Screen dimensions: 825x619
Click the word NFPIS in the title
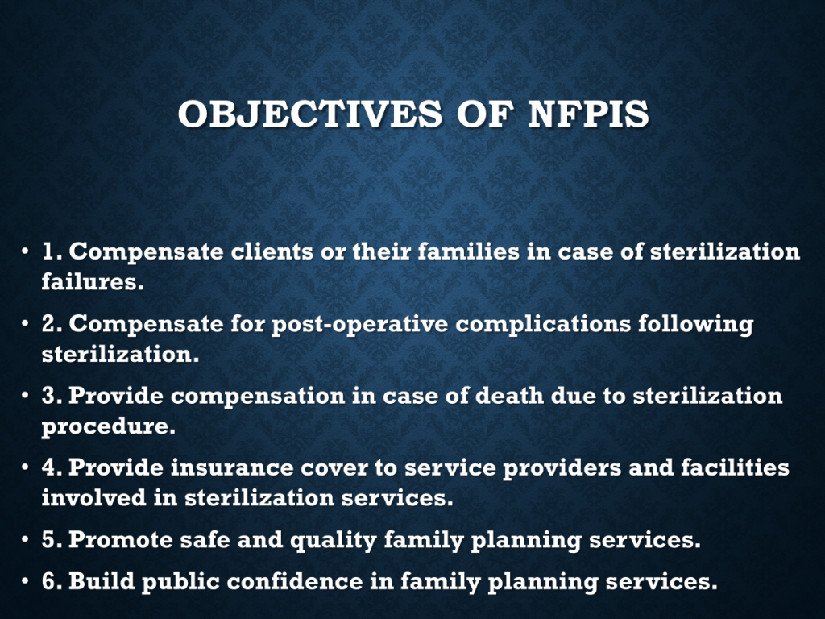[x=588, y=114]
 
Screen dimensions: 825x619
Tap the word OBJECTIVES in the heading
[x=310, y=114]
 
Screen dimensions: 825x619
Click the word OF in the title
[x=485, y=114]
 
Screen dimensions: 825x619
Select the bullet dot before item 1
[x=25, y=251]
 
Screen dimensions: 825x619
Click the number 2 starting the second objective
[x=49, y=324]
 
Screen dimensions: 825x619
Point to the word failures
[x=93, y=281]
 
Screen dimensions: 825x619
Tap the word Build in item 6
[x=102, y=582]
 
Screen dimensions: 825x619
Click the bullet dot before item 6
[x=25, y=582]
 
